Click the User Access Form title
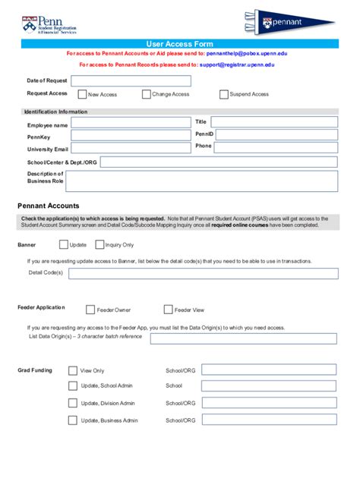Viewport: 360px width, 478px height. coord(179,45)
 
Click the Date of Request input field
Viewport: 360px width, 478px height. coord(131,80)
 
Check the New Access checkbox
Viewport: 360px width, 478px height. coord(82,95)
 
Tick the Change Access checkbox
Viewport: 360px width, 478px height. coord(146,95)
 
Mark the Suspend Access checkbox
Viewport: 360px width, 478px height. coord(223,95)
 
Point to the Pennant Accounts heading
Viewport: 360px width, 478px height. coord(49,206)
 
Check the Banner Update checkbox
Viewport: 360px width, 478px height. coord(64,245)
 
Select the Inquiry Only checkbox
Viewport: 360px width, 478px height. coord(99,245)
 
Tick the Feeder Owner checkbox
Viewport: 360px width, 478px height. coord(90,310)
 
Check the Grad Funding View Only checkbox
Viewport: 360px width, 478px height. coord(73,371)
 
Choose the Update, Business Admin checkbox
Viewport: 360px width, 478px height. coord(73,420)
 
